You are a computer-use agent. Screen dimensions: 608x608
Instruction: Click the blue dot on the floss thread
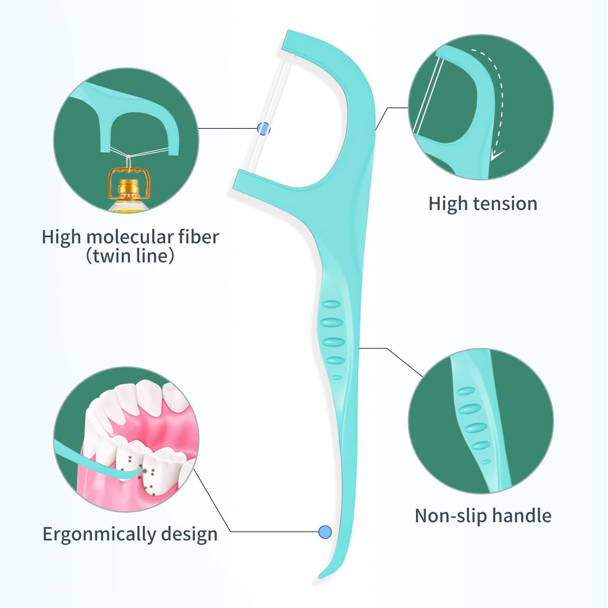pyautogui.click(x=263, y=128)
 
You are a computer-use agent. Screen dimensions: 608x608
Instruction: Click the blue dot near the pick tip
pyautogui.click(x=325, y=532)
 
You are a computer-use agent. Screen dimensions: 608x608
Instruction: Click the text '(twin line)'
pyautogui.click(x=130, y=255)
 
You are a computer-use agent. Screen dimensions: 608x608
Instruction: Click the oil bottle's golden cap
pyautogui.click(x=129, y=186)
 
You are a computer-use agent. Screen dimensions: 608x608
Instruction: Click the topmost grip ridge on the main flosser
pyautogui.click(x=331, y=304)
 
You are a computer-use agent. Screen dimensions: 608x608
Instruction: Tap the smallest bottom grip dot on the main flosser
pyautogui.click(x=337, y=377)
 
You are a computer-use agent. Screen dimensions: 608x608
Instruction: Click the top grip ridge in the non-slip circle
pyautogui.click(x=466, y=391)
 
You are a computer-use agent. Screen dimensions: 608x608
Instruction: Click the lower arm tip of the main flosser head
pyautogui.click(x=240, y=180)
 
